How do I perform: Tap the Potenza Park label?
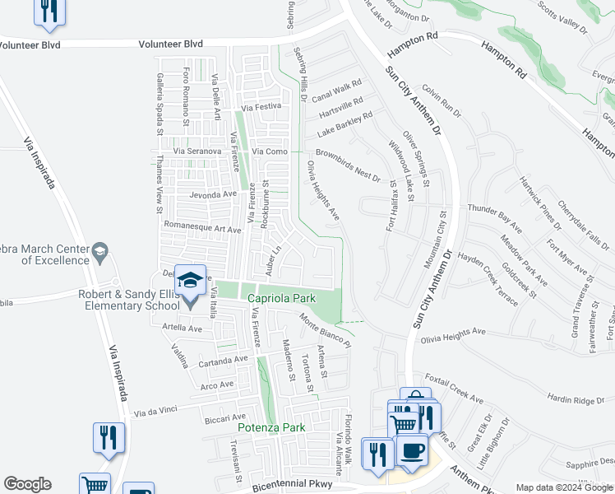click(x=271, y=427)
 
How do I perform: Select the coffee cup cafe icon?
click(x=412, y=452)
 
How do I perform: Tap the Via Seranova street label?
click(x=197, y=151)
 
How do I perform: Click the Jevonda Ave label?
click(x=213, y=195)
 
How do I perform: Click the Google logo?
click(x=27, y=484)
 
